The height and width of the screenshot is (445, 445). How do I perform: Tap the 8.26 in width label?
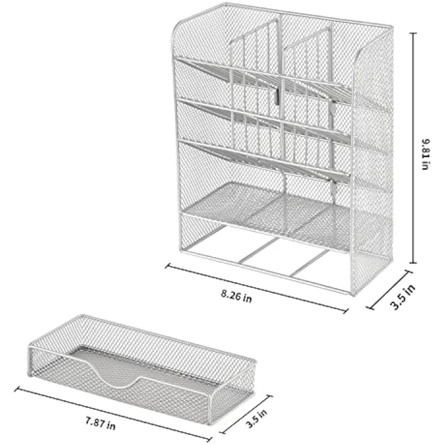click(236, 296)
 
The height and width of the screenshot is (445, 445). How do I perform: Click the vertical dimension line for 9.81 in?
click(414, 148)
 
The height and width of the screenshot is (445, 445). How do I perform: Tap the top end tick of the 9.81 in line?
click(414, 33)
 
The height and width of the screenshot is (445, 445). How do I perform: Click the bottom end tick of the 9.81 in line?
click(414, 263)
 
